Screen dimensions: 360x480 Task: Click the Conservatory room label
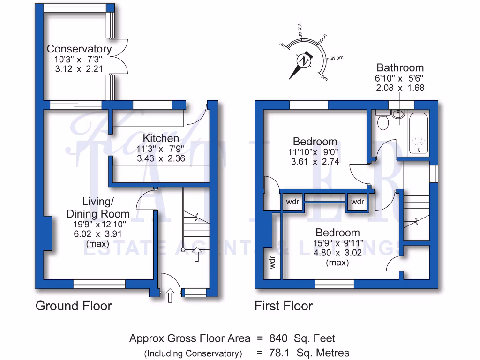79,49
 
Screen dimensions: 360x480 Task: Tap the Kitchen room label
161,138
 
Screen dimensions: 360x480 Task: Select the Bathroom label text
400,67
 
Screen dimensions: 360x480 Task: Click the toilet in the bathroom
382,121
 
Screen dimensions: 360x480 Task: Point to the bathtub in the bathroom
418,133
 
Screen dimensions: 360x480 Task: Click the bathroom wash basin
398,113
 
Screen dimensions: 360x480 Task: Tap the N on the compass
304,61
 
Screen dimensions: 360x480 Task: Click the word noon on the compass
322,41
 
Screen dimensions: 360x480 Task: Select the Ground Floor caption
74,306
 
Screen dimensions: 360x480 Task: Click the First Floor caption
283,306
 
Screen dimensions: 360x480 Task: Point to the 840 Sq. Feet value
302,338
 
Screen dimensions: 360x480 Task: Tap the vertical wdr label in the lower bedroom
272,262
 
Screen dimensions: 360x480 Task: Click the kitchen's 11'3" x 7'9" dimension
161,149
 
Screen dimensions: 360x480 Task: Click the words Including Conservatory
193,353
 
